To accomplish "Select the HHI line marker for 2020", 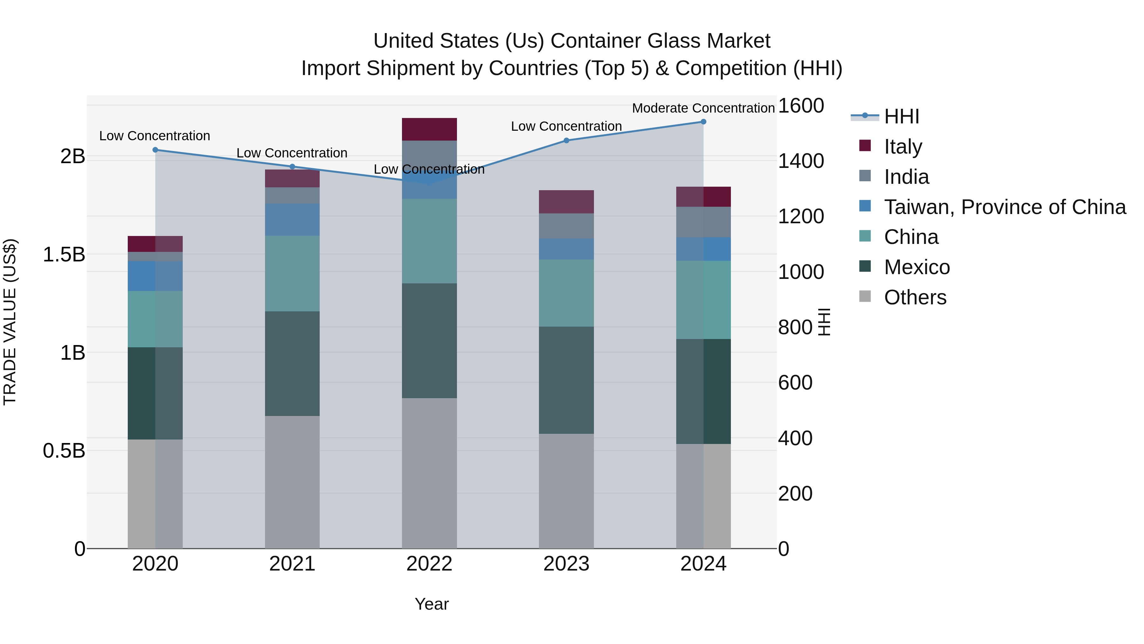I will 155,150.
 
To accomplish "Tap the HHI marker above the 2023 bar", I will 566,141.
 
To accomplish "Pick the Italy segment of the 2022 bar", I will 429,129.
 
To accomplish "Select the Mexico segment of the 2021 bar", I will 292,364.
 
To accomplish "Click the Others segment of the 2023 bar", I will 566,491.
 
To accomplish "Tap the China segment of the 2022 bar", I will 429,241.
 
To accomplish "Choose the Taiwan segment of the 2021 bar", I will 292,219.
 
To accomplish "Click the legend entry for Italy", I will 903,146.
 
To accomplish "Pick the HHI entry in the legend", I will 901,116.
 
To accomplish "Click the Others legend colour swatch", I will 865,296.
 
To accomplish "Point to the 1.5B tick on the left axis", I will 64,255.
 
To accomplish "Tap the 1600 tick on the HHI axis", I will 801,106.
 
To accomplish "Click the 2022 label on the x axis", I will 429,564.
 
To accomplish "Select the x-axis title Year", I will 432,604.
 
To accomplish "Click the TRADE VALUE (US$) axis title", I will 10,322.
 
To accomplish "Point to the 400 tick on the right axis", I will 795,438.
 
